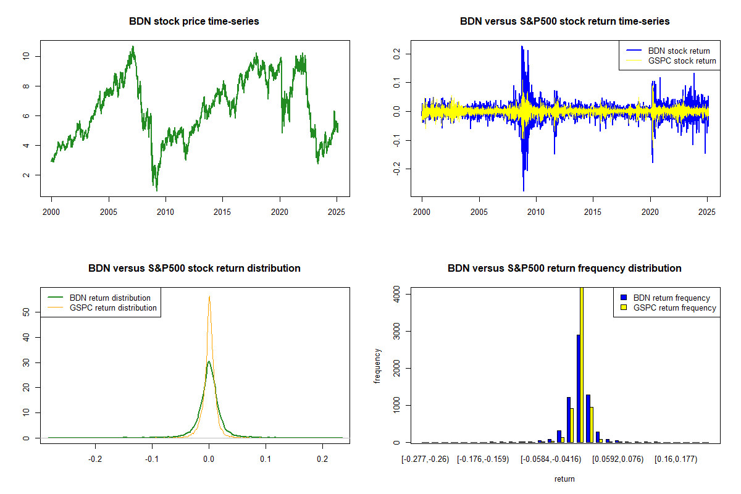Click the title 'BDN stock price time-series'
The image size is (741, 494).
194,22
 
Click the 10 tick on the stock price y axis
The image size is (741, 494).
25,56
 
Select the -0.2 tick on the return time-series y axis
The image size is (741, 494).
396,169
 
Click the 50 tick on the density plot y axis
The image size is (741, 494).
25,312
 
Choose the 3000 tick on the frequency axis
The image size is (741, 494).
396,332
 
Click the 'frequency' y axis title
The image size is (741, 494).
378,366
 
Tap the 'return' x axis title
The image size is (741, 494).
564,479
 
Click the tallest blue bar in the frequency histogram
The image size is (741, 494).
578,388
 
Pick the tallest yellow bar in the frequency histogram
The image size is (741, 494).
582,364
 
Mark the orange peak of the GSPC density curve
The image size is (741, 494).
209,297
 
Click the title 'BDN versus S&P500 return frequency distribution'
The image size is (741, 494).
564,269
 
